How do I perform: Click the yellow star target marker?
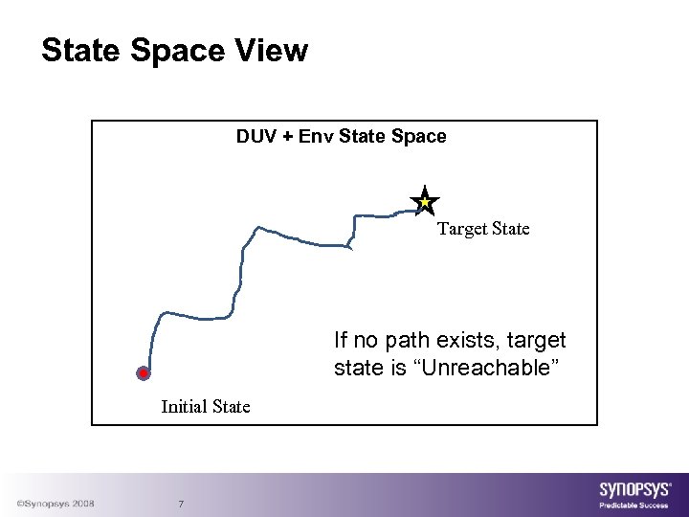point(424,202)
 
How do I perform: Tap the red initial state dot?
point(143,373)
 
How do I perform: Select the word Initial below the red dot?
point(185,406)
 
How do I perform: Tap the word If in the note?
point(341,341)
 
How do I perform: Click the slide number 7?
point(182,505)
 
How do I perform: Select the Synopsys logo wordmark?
point(635,489)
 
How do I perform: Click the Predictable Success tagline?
point(633,505)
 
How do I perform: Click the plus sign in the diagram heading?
point(286,136)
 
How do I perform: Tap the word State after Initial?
point(231,406)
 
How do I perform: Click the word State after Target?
point(509,229)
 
